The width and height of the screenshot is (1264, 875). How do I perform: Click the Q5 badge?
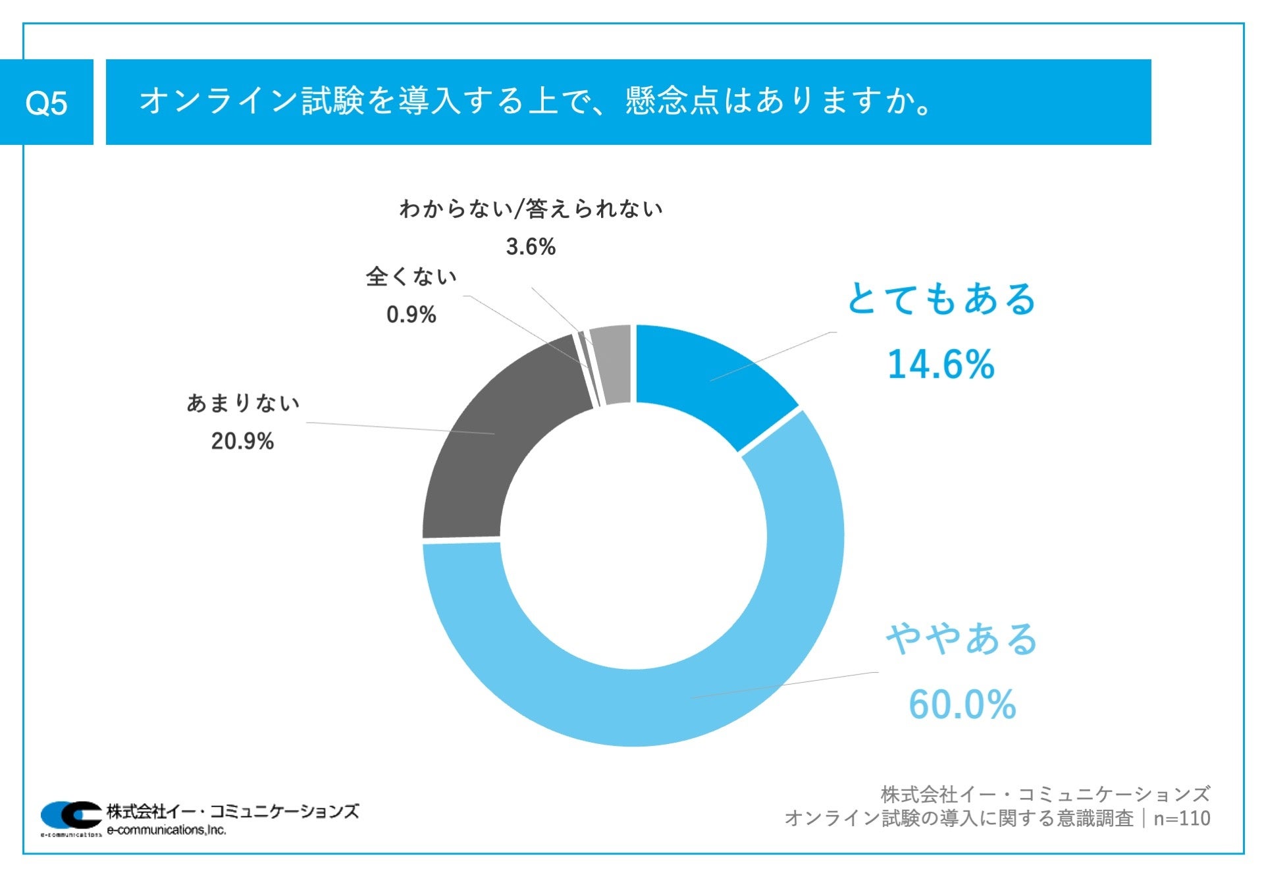tap(46, 103)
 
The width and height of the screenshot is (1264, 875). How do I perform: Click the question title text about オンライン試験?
tap(535, 101)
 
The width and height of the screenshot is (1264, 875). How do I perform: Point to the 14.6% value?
tap(941, 364)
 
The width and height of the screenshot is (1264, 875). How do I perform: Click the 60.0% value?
tap(962, 704)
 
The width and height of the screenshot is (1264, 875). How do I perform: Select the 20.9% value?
tap(242, 441)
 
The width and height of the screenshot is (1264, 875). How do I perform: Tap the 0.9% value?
tap(411, 315)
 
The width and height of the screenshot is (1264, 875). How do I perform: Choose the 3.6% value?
tap(531, 247)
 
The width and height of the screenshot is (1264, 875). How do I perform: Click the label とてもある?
tap(941, 299)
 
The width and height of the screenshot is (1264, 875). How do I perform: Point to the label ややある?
tap(962, 639)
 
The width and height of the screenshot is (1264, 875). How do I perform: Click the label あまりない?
tap(243, 403)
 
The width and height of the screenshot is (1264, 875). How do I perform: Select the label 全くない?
tap(411, 277)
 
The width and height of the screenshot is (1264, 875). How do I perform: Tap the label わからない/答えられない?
tap(531, 209)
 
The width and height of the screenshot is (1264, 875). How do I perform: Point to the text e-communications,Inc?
tap(167, 830)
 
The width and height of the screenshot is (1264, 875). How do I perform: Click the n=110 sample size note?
tap(1182, 818)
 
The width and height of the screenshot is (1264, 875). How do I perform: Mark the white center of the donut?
tap(633, 536)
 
